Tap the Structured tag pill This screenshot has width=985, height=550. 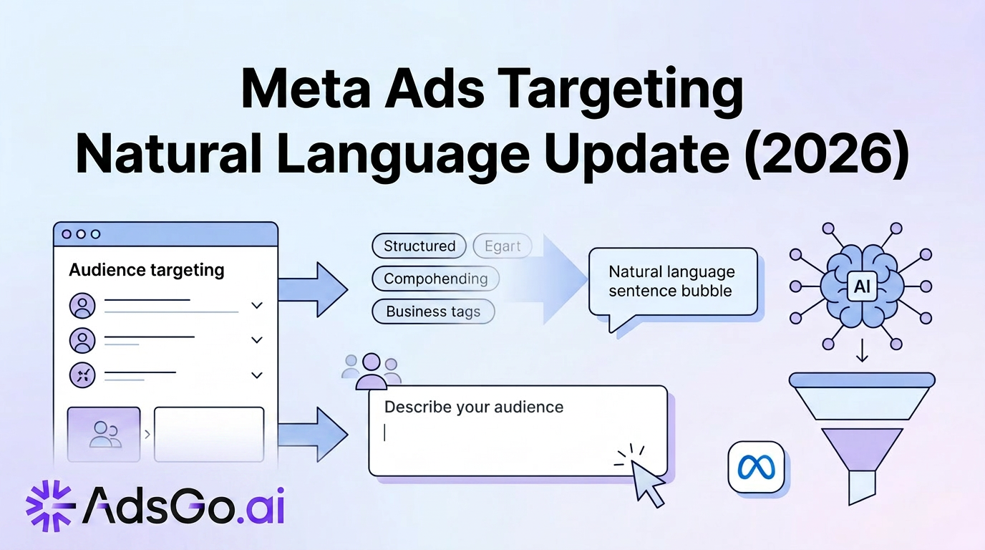[419, 246]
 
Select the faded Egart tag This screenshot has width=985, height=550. [503, 246]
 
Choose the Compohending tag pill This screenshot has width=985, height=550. [435, 279]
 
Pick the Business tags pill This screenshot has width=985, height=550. [433, 312]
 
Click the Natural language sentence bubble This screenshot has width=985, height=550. [671, 281]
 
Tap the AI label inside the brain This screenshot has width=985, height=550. [861, 286]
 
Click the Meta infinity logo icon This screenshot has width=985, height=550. [756, 467]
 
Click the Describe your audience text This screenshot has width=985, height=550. [474, 407]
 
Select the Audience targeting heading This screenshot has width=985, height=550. [147, 270]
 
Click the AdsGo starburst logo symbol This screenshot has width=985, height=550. [50, 506]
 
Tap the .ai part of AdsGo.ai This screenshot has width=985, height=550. [261, 508]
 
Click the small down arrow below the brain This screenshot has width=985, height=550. [862, 352]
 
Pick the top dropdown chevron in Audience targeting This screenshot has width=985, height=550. [257, 306]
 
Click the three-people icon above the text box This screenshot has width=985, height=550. [371, 370]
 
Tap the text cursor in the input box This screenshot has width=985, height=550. [385, 433]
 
